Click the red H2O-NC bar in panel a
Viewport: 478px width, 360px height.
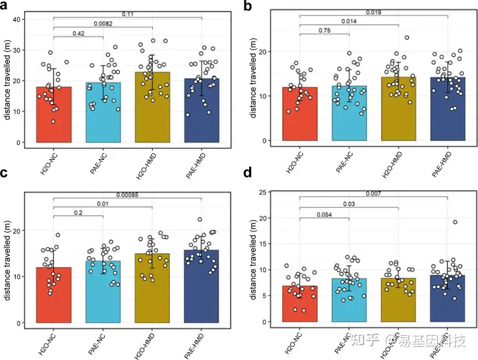pos(53,117)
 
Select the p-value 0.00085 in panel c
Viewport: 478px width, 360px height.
pos(127,194)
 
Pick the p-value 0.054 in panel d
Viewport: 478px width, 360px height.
pos(324,214)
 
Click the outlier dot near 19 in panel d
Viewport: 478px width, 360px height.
pos(455,222)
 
